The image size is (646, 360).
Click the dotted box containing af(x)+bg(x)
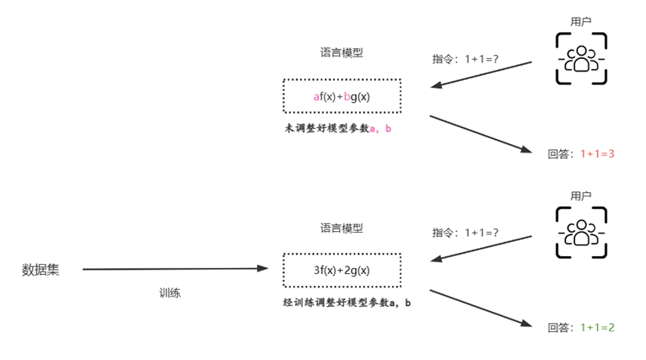(x=342, y=96)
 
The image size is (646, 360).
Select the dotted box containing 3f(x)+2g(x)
(x=342, y=270)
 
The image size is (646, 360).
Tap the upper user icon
(x=580, y=59)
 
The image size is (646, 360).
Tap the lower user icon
(x=580, y=232)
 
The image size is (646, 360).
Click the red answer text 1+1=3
(x=598, y=154)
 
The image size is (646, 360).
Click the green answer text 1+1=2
(x=598, y=327)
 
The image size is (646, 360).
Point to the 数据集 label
(x=40, y=270)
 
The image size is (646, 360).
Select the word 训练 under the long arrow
(x=170, y=293)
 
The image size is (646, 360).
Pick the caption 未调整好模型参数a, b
(x=337, y=129)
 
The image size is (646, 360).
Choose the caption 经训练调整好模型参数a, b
(x=347, y=302)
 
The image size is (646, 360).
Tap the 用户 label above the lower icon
(x=580, y=196)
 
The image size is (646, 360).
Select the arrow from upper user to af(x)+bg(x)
(x=481, y=73)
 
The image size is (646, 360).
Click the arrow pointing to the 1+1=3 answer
(x=482, y=133)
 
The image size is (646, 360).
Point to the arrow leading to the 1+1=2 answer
(x=482, y=307)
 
